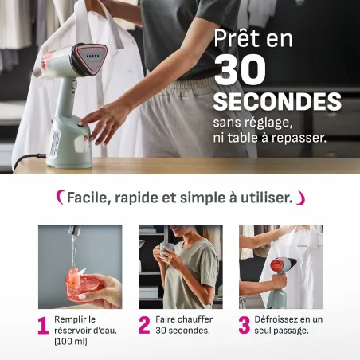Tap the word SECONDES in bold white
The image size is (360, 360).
click(277, 101)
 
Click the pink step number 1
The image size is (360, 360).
click(43, 325)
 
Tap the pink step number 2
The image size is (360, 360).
click(144, 325)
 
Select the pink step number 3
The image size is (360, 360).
click(245, 325)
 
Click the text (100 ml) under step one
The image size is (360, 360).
click(71, 342)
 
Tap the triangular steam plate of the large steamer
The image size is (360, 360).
click(92, 58)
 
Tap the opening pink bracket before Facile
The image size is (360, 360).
click(61, 198)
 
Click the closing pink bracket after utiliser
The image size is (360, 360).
click(300, 198)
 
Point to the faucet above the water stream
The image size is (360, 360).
click(74, 230)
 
